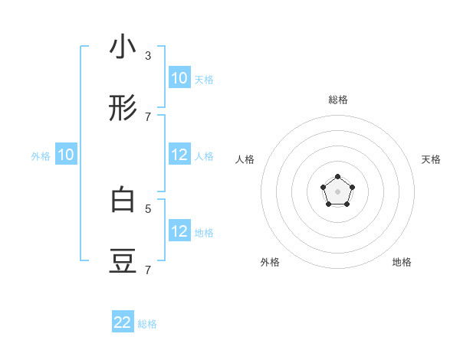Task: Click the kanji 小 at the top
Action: [123, 47]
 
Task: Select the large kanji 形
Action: [123, 110]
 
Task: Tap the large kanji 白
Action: [123, 200]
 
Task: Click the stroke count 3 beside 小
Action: [148, 56]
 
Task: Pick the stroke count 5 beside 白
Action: [148, 208]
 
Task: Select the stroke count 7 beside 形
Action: [148, 117]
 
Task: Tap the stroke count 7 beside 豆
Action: [148, 270]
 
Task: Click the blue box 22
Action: [123, 322]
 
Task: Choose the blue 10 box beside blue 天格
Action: [179, 78]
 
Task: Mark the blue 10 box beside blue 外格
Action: [66, 155]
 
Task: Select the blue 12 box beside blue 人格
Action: [179, 155]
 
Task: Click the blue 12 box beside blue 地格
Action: [179, 231]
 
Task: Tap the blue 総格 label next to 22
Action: [147, 324]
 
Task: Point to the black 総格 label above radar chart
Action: [338, 100]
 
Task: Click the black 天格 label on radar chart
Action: [431, 159]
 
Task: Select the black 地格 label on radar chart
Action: [402, 262]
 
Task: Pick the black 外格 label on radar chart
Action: [270, 262]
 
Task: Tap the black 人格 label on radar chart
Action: [245, 159]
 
